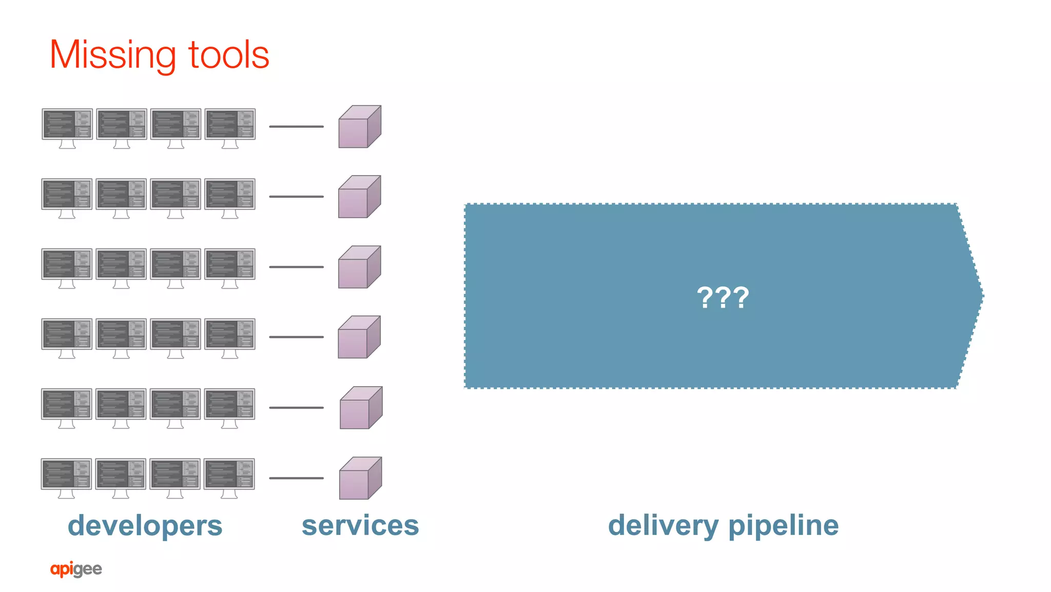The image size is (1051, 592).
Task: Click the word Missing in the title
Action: click(113, 55)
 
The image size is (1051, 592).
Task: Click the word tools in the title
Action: click(229, 54)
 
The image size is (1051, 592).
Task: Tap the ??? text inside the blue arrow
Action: click(723, 297)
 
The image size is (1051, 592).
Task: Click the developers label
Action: click(145, 526)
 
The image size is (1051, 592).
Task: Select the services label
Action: click(360, 525)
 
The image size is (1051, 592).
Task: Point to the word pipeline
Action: click(783, 526)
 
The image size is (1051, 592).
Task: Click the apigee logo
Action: click(76, 569)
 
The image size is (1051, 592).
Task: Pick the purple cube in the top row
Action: click(359, 127)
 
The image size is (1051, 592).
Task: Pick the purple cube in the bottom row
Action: click(360, 479)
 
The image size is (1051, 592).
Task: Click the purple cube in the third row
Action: click(359, 268)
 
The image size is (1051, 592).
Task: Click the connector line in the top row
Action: click(296, 126)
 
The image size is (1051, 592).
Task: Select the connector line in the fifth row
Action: click(296, 408)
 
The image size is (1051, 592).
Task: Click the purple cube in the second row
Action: click(359, 197)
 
